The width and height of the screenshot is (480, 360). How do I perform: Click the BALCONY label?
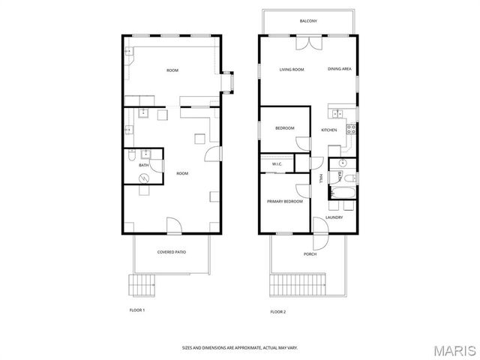click(308, 21)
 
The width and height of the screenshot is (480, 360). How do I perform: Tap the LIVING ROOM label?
click(292, 70)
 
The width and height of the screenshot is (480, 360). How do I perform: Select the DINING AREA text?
click(340, 70)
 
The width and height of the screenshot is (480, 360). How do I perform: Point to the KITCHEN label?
click(329, 130)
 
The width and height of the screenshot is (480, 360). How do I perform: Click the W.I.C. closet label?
click(275, 163)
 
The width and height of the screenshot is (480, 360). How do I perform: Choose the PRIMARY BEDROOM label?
click(285, 202)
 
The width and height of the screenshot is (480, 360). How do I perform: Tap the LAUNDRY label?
click(334, 217)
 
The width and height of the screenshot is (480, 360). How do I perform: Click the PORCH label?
click(310, 254)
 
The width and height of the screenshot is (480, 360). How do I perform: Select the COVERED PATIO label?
click(172, 252)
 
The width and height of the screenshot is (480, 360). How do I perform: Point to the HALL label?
click(322, 178)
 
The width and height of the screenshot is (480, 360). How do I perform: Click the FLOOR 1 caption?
click(137, 309)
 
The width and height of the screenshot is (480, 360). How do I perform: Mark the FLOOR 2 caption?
click(278, 311)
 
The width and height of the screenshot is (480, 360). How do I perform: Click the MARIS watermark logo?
click(455, 349)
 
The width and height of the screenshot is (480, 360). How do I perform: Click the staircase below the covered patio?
click(141, 285)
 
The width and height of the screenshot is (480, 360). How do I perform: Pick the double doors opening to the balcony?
click(307, 43)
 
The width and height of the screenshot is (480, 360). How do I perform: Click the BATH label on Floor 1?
click(143, 165)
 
